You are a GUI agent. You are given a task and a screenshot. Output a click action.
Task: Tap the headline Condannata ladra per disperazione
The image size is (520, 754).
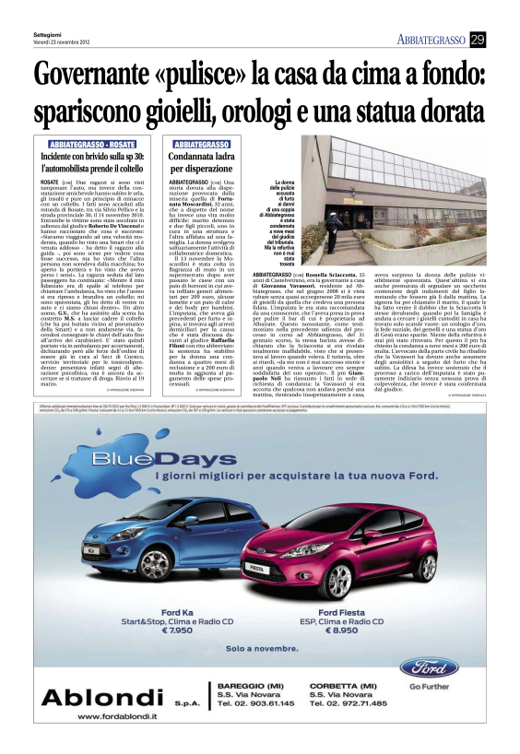203,164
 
